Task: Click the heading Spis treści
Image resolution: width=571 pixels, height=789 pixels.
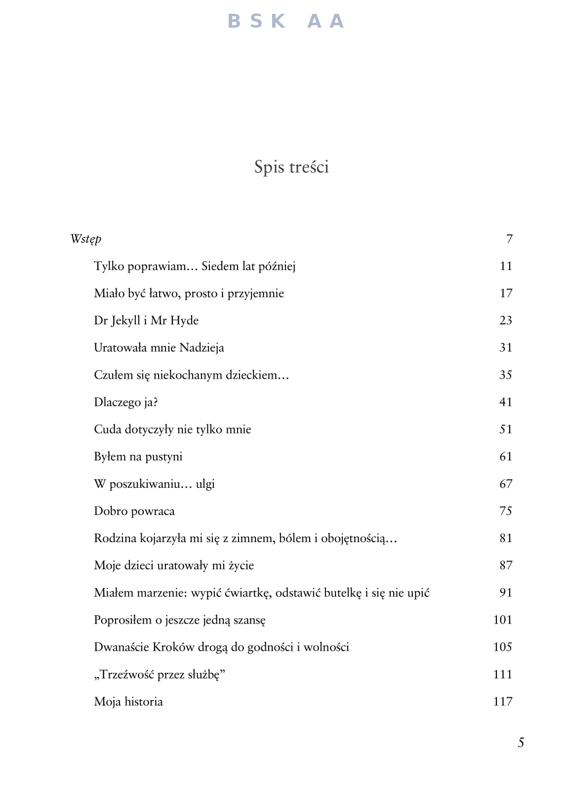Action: [x=291, y=167]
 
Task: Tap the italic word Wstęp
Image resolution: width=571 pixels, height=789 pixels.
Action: [x=86, y=239]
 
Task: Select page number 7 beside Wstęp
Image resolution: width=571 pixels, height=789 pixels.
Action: [x=509, y=239]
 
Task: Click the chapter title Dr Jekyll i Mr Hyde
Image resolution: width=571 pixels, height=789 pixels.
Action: [x=146, y=320]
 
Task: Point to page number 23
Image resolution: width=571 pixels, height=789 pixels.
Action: [x=505, y=320]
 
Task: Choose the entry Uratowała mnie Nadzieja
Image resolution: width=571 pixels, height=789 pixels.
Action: [x=159, y=348]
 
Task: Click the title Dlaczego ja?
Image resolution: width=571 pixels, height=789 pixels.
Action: [x=126, y=402]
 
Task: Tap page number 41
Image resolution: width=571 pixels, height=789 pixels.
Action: [x=505, y=402]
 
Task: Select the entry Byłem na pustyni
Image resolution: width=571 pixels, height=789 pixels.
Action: [x=138, y=456]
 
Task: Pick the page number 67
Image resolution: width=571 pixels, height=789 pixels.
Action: [x=505, y=483]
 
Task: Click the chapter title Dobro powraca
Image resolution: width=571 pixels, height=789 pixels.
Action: [x=134, y=511]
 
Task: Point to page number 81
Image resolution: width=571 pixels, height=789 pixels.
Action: [x=505, y=538]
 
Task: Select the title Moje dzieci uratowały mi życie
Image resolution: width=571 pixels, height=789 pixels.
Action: [x=174, y=565]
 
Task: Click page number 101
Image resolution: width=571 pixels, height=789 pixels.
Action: [x=502, y=620]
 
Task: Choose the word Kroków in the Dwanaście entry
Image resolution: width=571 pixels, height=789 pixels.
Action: [x=173, y=647]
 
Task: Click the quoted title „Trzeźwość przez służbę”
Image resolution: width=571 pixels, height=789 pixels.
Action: [x=160, y=674]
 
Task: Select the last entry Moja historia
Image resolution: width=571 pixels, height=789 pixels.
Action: [x=128, y=702]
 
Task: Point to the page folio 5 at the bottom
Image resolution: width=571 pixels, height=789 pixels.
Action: [x=521, y=743]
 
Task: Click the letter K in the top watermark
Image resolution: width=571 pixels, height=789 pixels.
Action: [x=278, y=21]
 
